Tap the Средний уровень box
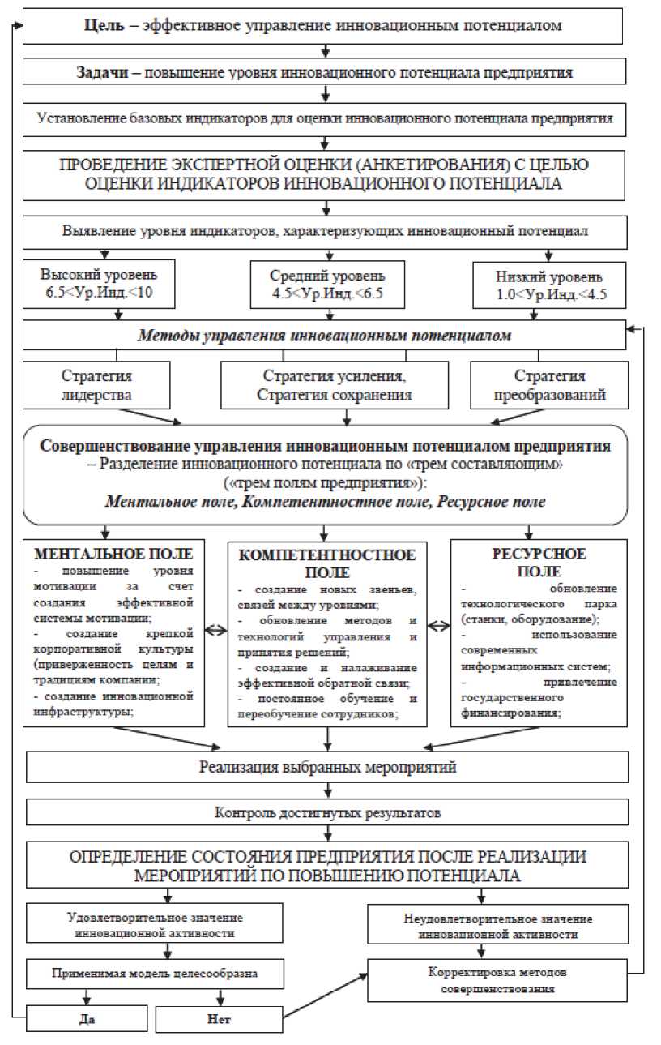tap(326, 284)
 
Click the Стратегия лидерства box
tap(96, 385)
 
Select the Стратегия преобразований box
tap(550, 385)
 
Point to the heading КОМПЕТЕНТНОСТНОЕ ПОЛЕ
tap(328, 563)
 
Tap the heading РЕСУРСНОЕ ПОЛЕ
tap(539, 563)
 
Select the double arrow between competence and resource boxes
tap(438, 626)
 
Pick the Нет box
tap(219, 1019)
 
